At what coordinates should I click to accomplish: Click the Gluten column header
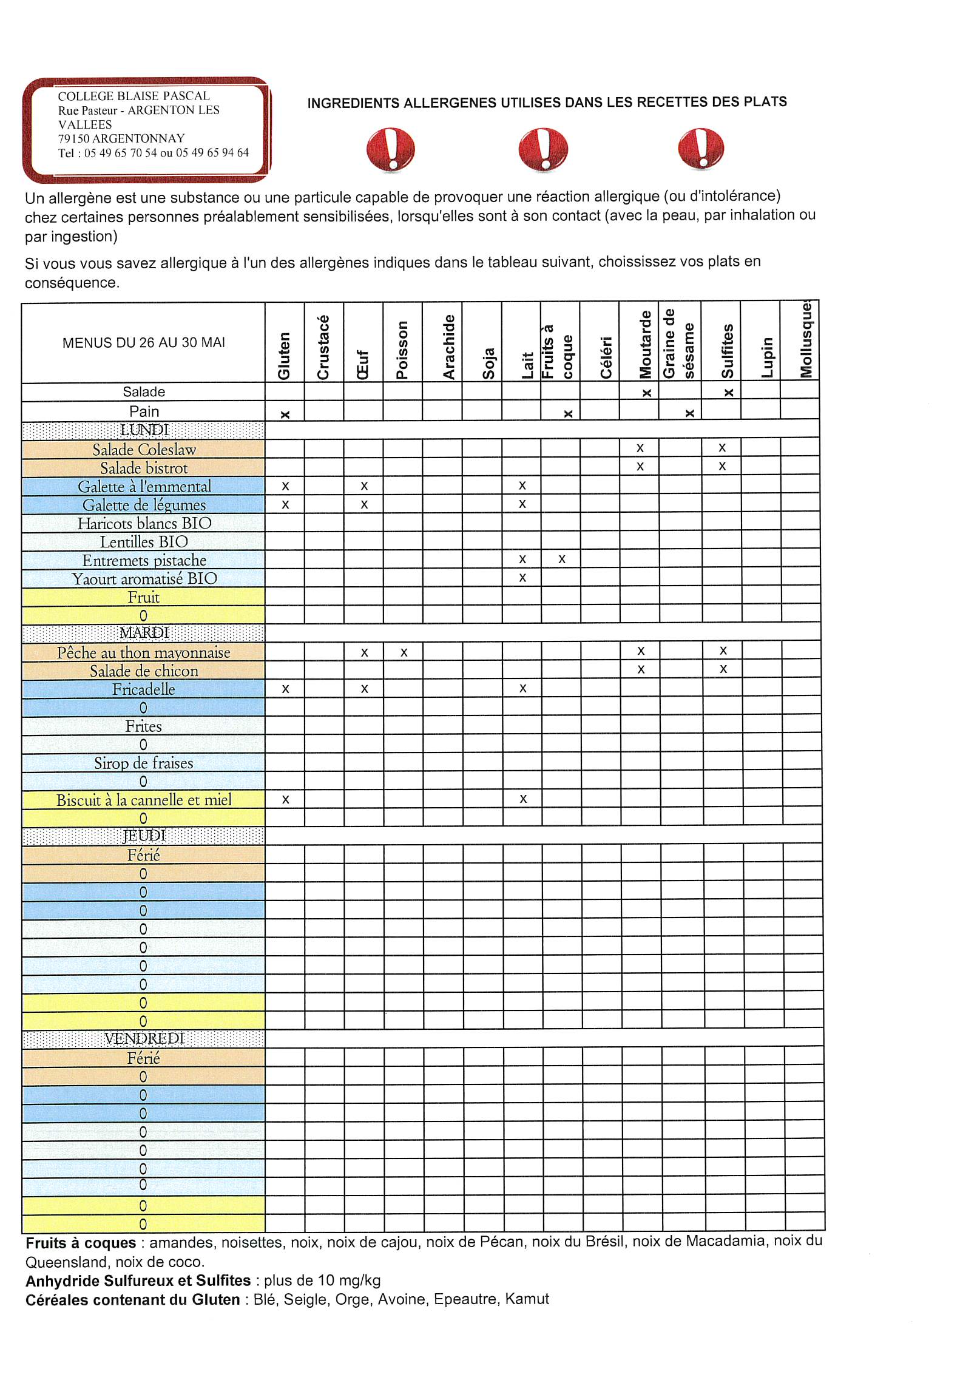(x=284, y=355)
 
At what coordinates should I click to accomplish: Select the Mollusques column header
(x=806, y=340)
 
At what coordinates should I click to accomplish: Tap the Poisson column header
(x=402, y=350)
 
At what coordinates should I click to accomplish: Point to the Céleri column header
(x=606, y=357)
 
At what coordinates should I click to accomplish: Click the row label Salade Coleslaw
(x=144, y=450)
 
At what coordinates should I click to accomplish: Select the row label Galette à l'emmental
(x=144, y=487)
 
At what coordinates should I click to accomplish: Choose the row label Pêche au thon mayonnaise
(x=144, y=653)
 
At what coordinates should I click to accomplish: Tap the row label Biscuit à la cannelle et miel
(x=144, y=800)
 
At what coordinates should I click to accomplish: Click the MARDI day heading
(x=144, y=633)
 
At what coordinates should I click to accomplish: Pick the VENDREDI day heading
(x=144, y=1038)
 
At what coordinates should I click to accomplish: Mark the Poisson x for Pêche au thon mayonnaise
(x=404, y=652)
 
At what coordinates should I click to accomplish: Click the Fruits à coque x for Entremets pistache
(x=562, y=559)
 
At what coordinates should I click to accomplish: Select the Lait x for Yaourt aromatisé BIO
(x=522, y=578)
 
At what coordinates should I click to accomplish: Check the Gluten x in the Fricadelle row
(x=285, y=689)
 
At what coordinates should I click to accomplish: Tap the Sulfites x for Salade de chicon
(x=723, y=669)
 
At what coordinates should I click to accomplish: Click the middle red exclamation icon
(x=542, y=149)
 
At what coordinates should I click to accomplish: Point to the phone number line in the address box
(x=154, y=153)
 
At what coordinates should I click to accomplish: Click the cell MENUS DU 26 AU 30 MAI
(x=144, y=343)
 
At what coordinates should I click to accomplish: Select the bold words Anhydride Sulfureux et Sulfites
(x=138, y=1281)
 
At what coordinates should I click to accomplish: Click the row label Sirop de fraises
(x=144, y=763)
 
